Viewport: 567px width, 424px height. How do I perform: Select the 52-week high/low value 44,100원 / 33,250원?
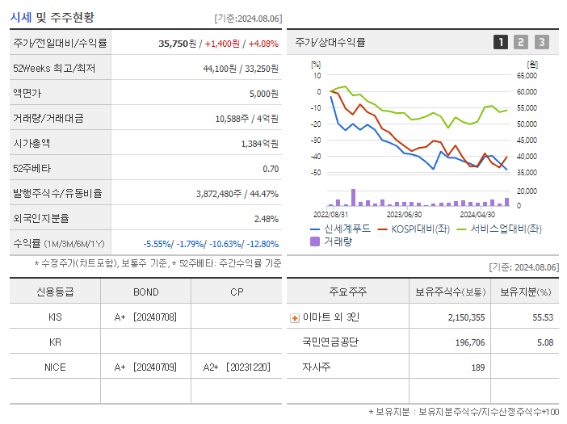point(241,69)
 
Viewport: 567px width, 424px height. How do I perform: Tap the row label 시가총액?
point(31,143)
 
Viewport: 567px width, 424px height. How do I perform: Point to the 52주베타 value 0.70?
point(271,169)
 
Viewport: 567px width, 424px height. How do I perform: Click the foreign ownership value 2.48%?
point(266,219)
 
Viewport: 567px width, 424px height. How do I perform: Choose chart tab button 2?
point(521,43)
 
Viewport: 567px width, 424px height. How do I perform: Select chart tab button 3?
point(541,43)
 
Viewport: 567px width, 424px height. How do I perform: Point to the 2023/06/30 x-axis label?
point(404,215)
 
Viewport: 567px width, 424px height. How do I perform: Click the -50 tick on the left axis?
point(316,173)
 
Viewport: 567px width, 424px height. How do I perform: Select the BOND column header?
point(146,292)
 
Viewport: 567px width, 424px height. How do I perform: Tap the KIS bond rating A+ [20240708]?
point(145,317)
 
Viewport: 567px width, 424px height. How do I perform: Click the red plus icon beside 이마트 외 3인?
point(294,317)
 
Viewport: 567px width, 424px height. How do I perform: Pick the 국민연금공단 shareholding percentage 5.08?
point(543,342)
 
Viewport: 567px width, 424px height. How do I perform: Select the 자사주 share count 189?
point(477,367)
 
